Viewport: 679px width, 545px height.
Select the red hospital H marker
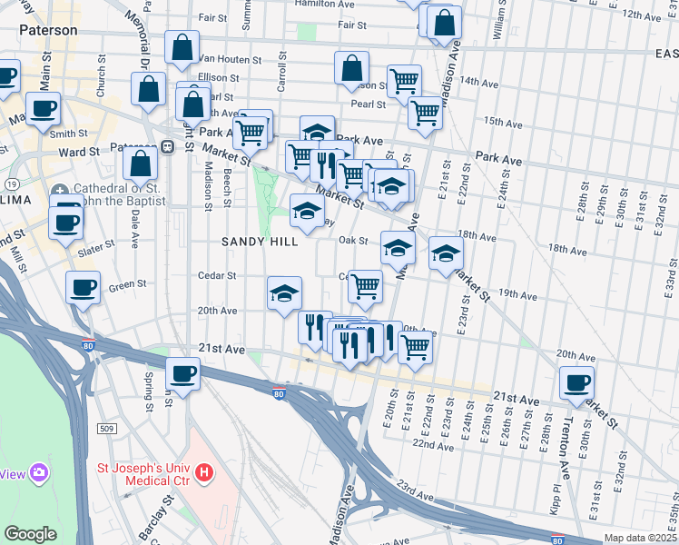point(205,472)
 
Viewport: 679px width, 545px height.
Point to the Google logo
point(31,534)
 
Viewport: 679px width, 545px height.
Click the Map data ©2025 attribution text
point(641,538)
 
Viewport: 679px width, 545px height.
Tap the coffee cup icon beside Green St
point(83,289)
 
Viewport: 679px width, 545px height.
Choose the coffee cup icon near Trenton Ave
point(576,383)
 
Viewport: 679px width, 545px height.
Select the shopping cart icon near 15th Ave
point(424,114)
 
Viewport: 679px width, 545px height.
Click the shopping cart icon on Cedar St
point(365,285)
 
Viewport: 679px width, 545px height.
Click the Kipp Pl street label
point(556,504)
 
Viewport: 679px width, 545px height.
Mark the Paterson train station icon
point(168,147)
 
